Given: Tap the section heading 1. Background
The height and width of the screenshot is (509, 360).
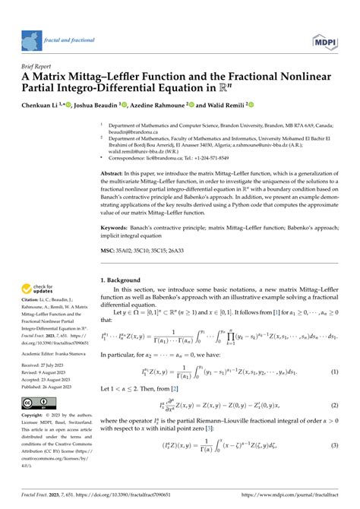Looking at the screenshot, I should click(x=125, y=280).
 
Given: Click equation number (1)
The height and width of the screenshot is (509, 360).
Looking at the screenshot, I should click(x=333, y=371).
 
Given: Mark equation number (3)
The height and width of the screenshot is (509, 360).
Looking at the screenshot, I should click(x=333, y=466).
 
